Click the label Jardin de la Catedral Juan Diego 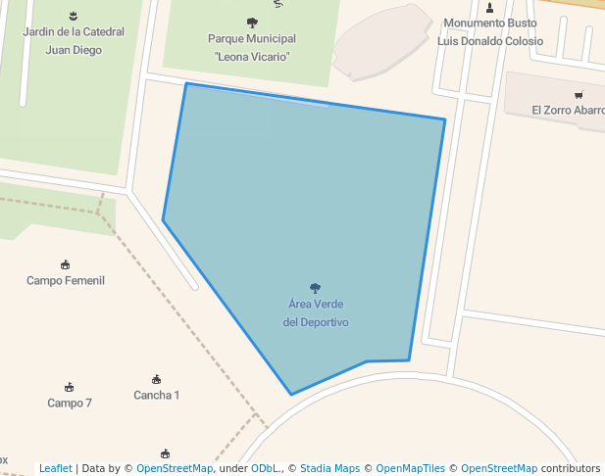(74, 41)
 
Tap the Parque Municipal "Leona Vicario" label (252, 48)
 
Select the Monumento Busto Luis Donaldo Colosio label (489, 32)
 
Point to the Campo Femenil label (66, 281)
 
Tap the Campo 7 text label (70, 404)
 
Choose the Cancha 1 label (157, 396)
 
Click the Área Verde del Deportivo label (315, 313)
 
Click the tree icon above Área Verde (315, 288)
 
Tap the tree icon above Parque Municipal (252, 23)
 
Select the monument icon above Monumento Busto (489, 8)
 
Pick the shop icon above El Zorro (579, 95)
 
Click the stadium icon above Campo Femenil (66, 264)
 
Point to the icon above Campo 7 (69, 387)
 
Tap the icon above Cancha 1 (157, 379)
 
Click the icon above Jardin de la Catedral (74, 16)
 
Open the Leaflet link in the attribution (55, 469)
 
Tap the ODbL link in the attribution (265, 469)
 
